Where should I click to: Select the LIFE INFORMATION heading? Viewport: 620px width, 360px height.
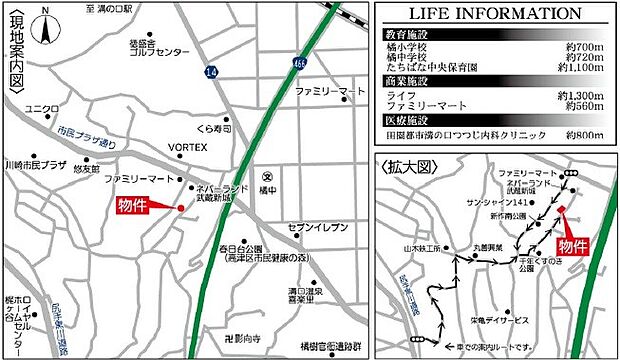495,13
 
